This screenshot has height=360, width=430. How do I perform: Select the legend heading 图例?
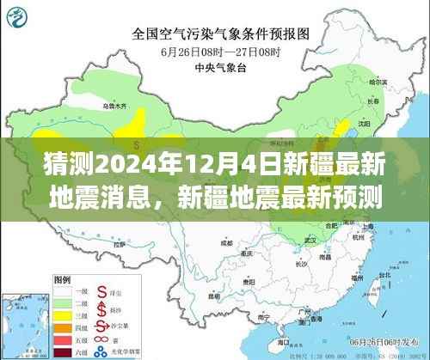(x=63, y=280)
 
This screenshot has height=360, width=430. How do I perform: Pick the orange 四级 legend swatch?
(x=63, y=326)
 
